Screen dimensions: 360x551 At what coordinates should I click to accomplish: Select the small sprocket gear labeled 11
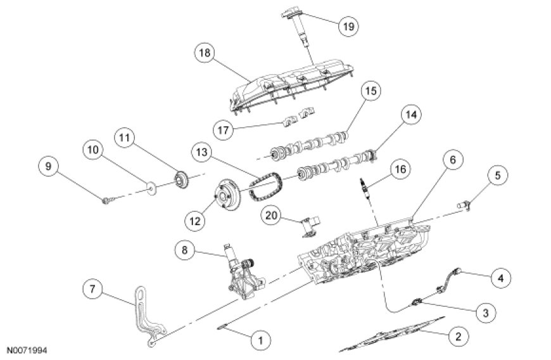pyautogui.click(x=179, y=181)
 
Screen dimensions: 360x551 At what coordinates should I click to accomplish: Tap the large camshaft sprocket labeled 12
pyautogui.click(x=229, y=194)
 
